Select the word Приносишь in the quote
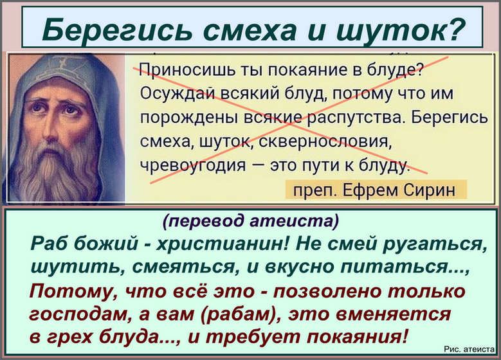click(188, 71)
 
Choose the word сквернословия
click(325, 141)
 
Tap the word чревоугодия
click(194, 165)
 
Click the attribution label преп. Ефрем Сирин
click(374, 190)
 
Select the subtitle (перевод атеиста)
click(251, 221)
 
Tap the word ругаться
click(435, 246)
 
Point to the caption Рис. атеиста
click(469, 350)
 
